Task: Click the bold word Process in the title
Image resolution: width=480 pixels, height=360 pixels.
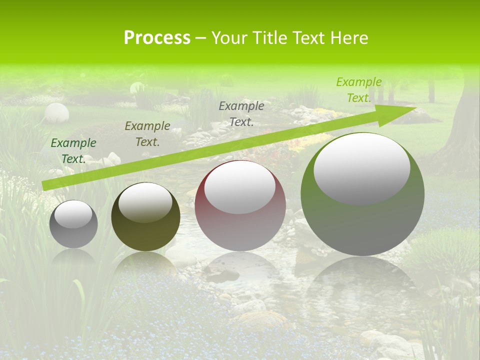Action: [x=157, y=38]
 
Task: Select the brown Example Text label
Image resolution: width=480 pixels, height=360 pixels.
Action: [x=147, y=134]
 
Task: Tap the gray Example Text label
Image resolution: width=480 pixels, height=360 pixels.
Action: [x=241, y=114]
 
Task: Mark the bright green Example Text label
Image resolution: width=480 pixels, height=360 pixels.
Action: [x=358, y=90]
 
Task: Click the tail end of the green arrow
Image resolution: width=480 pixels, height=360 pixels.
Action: [x=45, y=186]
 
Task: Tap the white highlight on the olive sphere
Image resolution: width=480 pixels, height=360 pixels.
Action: [x=145, y=202]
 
